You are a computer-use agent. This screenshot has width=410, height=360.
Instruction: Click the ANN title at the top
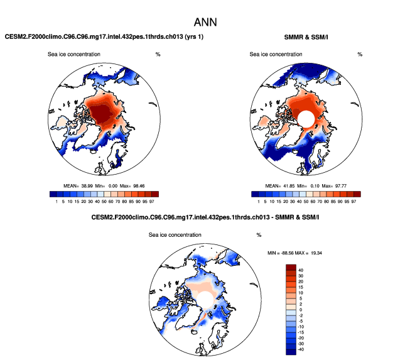click(x=205, y=21)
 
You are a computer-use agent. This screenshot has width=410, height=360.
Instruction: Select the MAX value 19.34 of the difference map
click(x=323, y=253)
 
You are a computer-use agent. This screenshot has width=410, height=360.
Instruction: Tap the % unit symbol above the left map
click(x=158, y=54)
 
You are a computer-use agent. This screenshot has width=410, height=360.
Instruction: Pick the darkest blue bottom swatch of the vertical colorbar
click(x=291, y=349)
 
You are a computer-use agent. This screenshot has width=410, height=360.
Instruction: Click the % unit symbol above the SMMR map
click(x=360, y=54)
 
